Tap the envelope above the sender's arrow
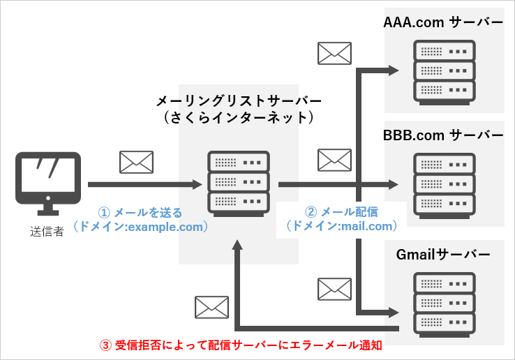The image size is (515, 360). point(136,162)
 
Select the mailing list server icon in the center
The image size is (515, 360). point(238,181)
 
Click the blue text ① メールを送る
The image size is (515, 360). point(140,212)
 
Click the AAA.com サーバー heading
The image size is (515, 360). point(443,22)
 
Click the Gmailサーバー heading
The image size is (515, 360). point(444,254)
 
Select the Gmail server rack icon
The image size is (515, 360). point(444,301)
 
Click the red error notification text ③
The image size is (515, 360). point(241,345)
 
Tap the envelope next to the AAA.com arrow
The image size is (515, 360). point(334,54)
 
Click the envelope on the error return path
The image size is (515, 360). point(212,307)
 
